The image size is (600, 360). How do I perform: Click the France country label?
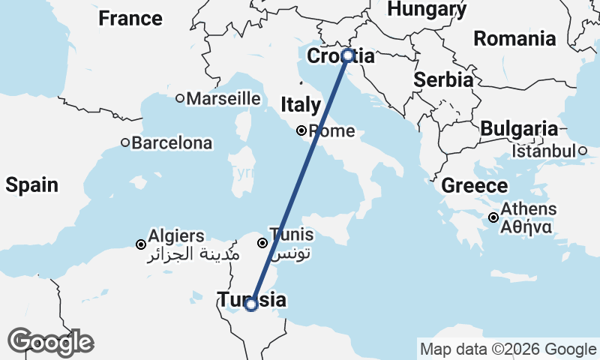pyautogui.click(x=130, y=18)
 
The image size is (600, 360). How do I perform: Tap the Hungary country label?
pyautogui.click(x=427, y=8)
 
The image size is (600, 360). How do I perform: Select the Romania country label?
pyautogui.click(x=514, y=38)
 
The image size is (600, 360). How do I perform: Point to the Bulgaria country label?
pyautogui.click(x=518, y=128)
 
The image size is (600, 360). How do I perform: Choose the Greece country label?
pyautogui.click(x=475, y=185)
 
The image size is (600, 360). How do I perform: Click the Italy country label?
pyautogui.click(x=301, y=105)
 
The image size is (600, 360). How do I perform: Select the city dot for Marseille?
pyautogui.click(x=180, y=98)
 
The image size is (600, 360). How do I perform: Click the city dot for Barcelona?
pyautogui.click(x=125, y=142)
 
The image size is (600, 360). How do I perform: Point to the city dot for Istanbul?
pyautogui.click(x=582, y=151)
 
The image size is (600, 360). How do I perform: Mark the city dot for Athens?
pyautogui.click(x=493, y=217)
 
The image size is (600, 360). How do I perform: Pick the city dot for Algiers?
pyautogui.click(x=140, y=244)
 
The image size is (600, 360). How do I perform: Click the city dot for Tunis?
pyautogui.click(x=262, y=243)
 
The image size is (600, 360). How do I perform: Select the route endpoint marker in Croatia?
pyautogui.click(x=347, y=55)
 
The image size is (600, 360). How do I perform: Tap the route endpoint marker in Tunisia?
pyautogui.click(x=251, y=304)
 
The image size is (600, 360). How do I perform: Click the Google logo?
pyautogui.click(x=50, y=341)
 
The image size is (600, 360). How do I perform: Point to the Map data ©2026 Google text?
pyautogui.click(x=508, y=349)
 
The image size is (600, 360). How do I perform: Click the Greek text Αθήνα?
pyautogui.click(x=528, y=226)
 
